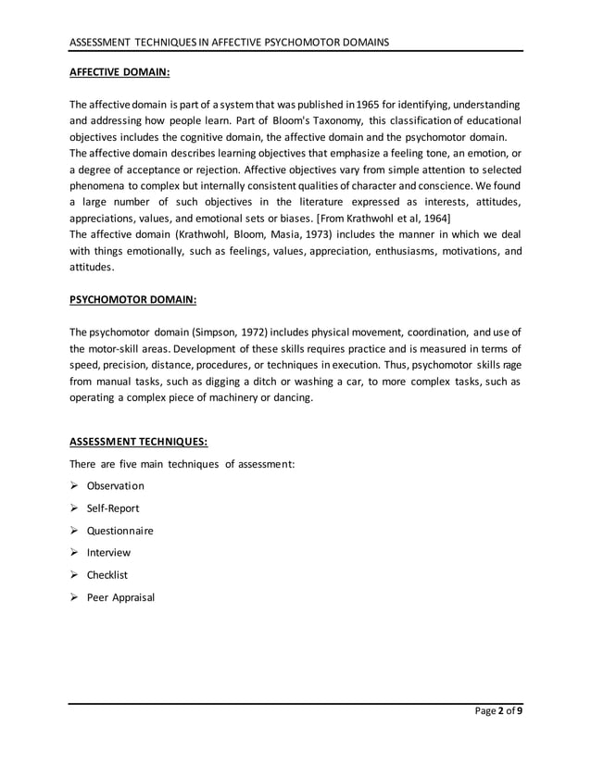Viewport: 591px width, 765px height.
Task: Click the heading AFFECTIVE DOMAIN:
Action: pos(120,69)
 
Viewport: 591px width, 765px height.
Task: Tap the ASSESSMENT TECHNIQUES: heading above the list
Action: pos(138,442)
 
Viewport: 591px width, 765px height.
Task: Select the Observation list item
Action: pos(115,485)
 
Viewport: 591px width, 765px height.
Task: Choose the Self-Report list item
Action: pos(113,508)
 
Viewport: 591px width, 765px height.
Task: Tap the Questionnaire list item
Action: pos(119,530)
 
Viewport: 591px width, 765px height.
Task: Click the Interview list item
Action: pos(108,552)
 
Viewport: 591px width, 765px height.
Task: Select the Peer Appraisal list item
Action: pos(120,596)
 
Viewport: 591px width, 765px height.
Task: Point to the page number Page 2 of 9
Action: pos(497,711)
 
